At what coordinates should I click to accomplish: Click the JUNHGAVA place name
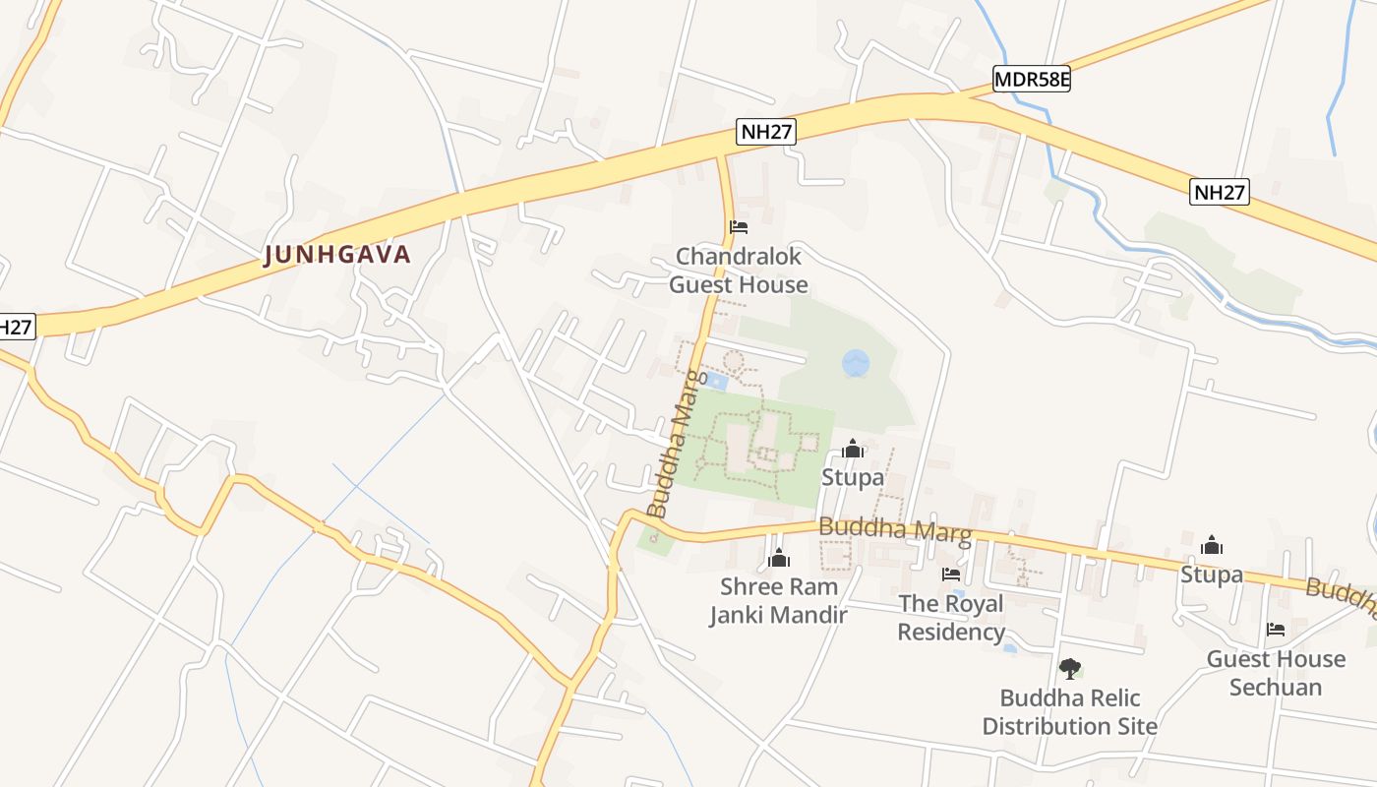point(337,255)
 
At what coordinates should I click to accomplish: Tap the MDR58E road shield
point(1031,80)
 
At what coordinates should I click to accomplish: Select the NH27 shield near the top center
point(766,133)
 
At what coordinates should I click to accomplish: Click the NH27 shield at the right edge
point(1220,192)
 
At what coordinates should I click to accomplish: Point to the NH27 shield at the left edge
point(16,327)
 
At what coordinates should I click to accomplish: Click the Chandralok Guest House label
point(738,271)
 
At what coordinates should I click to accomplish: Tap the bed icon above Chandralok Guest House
point(739,227)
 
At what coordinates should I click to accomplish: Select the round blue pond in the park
point(856,363)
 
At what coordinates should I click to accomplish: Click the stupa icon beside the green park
point(853,450)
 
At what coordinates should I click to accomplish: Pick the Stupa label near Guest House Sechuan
point(1211,574)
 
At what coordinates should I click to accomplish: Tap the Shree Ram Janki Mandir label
point(778,601)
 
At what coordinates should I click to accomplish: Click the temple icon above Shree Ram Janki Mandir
point(779,559)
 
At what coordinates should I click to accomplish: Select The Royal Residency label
point(951,617)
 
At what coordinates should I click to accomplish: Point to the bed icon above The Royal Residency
point(950,574)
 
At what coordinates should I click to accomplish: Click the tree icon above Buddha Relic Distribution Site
point(1069,669)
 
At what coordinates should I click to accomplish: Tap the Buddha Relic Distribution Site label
point(1069,712)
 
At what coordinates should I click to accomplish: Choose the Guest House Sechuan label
point(1276,672)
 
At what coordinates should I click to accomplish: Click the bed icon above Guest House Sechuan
point(1276,629)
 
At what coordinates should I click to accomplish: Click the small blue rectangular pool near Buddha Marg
point(717,381)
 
